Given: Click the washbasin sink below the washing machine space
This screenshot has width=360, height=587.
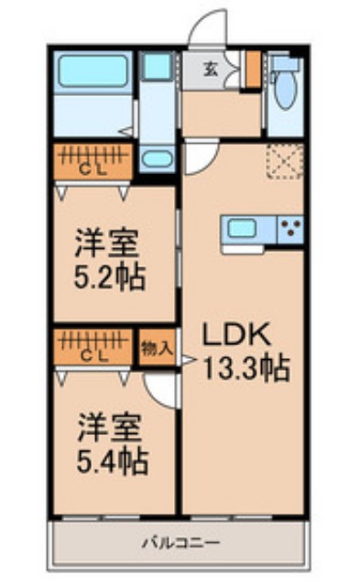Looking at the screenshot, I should click(158, 158).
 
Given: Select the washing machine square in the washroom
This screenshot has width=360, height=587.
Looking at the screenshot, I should click(158, 66).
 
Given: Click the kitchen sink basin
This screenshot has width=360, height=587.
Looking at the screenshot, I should click(243, 228).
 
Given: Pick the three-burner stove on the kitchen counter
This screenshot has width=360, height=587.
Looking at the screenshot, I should click(292, 229).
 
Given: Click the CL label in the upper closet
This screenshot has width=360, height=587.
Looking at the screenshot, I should click(89, 171).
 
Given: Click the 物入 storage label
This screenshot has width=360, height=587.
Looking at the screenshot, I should click(157, 347).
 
